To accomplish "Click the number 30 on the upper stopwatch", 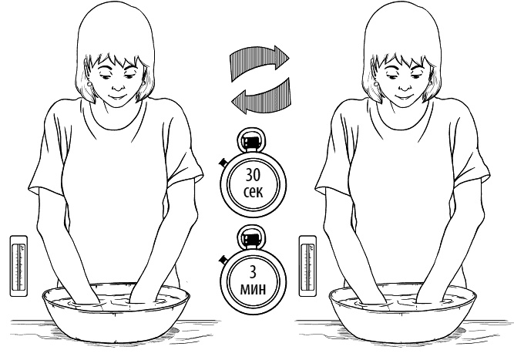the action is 253,176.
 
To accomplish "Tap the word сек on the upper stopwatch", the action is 253,192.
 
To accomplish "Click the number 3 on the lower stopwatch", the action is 253,272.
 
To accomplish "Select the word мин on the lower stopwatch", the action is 253,289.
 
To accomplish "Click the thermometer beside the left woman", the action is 18,266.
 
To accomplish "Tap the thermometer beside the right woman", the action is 307,266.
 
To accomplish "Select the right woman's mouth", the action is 404,97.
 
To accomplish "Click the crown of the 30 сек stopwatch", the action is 251,140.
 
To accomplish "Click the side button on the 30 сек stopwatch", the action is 222,162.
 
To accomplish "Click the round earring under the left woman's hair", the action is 90,84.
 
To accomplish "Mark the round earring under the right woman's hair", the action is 378,84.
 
